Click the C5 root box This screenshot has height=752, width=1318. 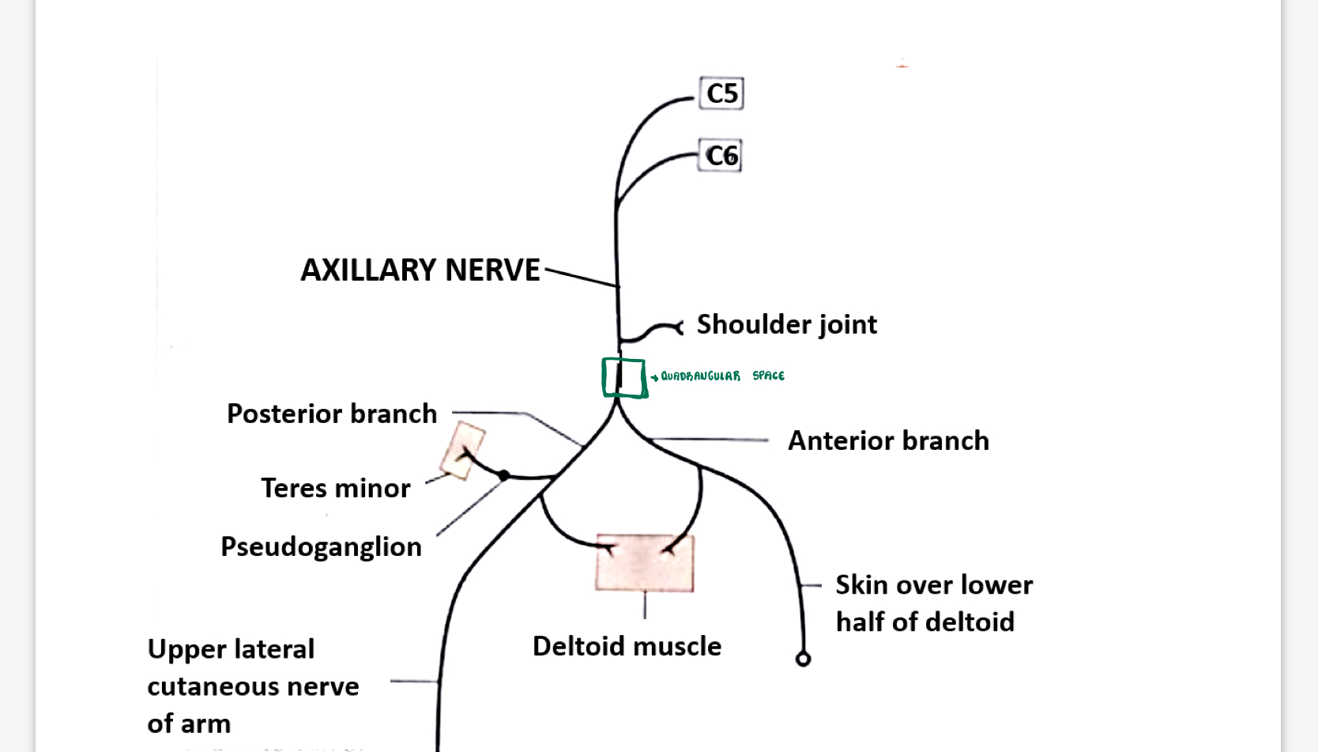click(x=721, y=93)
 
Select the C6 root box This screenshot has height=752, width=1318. click(x=721, y=156)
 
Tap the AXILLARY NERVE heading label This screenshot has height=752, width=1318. click(x=420, y=270)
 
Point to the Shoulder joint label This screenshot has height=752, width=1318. click(x=786, y=324)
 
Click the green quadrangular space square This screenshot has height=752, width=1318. click(x=624, y=377)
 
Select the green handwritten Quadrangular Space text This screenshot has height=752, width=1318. click(x=721, y=376)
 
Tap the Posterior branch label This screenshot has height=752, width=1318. click(x=332, y=414)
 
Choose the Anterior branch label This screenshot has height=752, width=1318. click(x=888, y=440)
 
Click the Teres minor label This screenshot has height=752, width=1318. click(x=336, y=488)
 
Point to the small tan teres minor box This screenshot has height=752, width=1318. click(x=463, y=450)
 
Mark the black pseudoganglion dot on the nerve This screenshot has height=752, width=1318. click(x=503, y=475)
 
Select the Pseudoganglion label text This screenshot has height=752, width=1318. click(x=321, y=546)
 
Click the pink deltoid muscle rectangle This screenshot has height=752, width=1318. click(x=645, y=563)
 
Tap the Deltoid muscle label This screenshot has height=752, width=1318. click(x=627, y=646)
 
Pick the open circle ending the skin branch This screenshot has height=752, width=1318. click(x=803, y=659)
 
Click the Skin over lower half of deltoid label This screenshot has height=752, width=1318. click(x=933, y=603)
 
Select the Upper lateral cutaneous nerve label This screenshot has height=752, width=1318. click(x=253, y=686)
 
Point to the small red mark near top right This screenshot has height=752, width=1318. click(x=902, y=66)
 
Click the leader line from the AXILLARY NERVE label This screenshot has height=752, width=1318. click(x=581, y=278)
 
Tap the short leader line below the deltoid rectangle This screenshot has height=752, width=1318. click(x=645, y=605)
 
